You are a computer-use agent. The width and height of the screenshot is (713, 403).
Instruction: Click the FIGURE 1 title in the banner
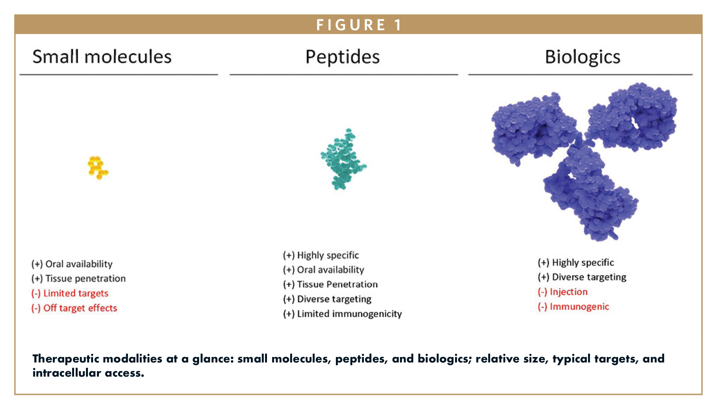pos(358,25)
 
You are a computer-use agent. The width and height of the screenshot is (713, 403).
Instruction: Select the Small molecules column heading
pos(102,57)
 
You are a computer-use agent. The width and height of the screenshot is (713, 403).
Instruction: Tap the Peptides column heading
pos(342,57)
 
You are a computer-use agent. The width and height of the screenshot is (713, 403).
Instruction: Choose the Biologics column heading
pos(582,57)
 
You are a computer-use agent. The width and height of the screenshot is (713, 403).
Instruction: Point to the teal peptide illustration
pos(343,159)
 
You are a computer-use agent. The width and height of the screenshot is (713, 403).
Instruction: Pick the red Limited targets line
pos(70,293)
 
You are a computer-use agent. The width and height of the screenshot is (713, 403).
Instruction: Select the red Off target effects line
pos(74,308)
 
